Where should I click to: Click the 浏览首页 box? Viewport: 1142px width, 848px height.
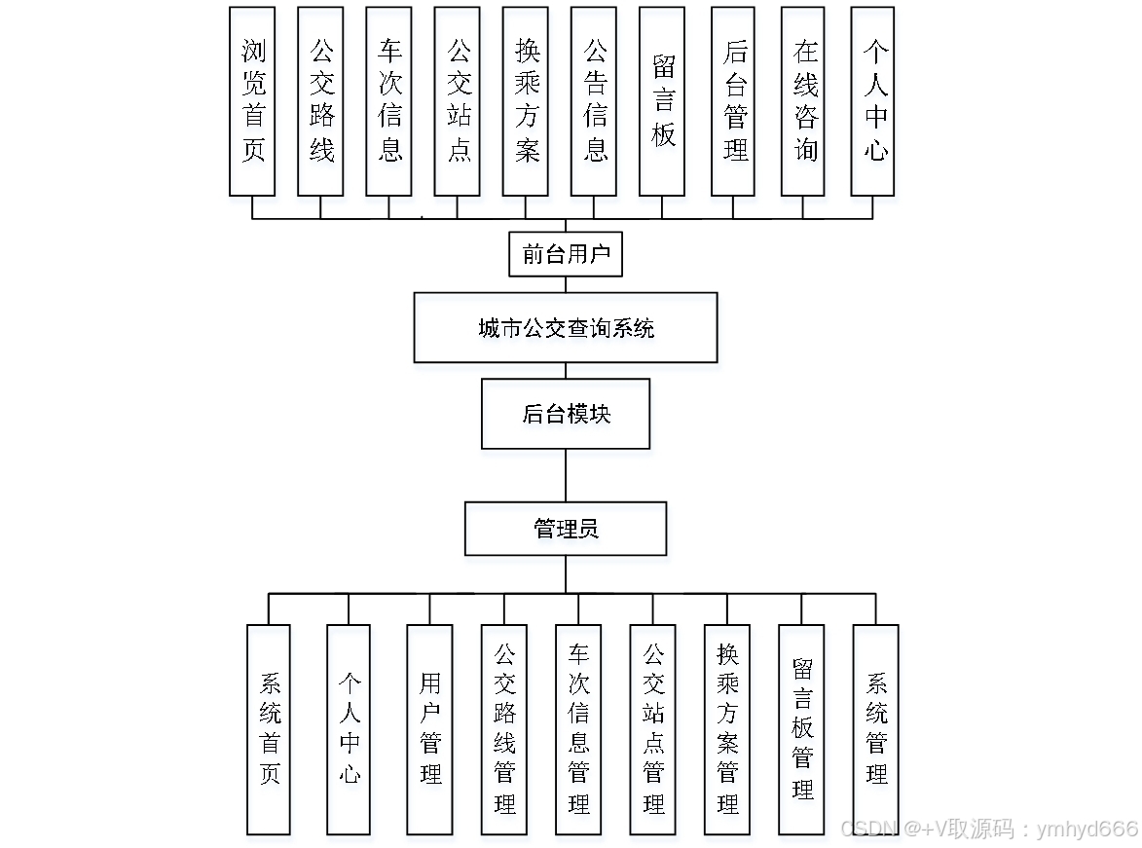(x=252, y=101)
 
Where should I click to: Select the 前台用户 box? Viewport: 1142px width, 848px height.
(x=566, y=254)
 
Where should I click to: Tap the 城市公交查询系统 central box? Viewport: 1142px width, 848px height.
(x=566, y=328)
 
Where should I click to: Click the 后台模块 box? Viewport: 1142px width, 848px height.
(x=566, y=414)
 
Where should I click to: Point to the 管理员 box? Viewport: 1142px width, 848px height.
(x=566, y=529)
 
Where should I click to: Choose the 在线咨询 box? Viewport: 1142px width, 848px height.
(x=803, y=101)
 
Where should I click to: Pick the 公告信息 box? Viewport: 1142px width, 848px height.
(x=594, y=101)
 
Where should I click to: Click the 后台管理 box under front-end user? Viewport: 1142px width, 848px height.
(x=733, y=101)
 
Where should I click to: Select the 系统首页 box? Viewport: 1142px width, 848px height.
(x=269, y=729)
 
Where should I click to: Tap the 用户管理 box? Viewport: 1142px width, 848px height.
(x=429, y=729)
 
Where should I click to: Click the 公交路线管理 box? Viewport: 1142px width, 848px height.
(x=504, y=729)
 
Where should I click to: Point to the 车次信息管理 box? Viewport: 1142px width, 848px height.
(x=578, y=729)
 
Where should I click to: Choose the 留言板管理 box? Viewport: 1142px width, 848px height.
(x=801, y=729)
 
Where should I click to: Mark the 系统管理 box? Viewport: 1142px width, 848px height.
(x=875, y=729)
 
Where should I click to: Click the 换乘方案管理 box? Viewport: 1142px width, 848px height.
(x=727, y=729)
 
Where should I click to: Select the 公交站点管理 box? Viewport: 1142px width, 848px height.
(x=652, y=729)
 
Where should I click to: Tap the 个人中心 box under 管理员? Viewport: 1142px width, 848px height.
(x=349, y=729)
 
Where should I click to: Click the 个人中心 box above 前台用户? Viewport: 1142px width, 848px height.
(x=873, y=101)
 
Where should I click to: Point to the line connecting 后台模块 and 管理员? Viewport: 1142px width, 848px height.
(x=566, y=475)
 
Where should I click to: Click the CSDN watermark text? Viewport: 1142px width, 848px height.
(x=988, y=829)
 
